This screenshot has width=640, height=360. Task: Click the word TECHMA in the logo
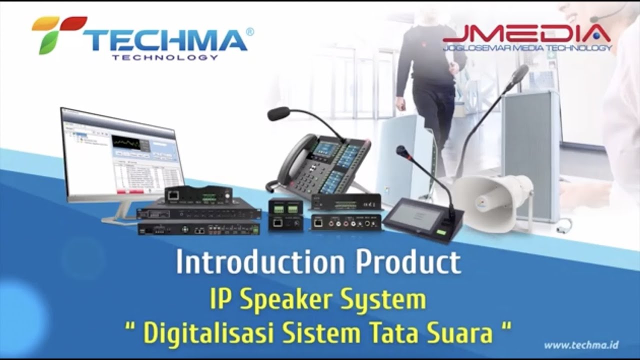tap(165, 40)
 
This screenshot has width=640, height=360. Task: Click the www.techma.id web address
tap(581, 345)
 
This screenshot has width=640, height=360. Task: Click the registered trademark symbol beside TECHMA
tap(250, 31)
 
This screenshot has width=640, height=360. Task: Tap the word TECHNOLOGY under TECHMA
tap(165, 57)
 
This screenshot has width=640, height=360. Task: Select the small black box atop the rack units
tap(198, 194)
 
